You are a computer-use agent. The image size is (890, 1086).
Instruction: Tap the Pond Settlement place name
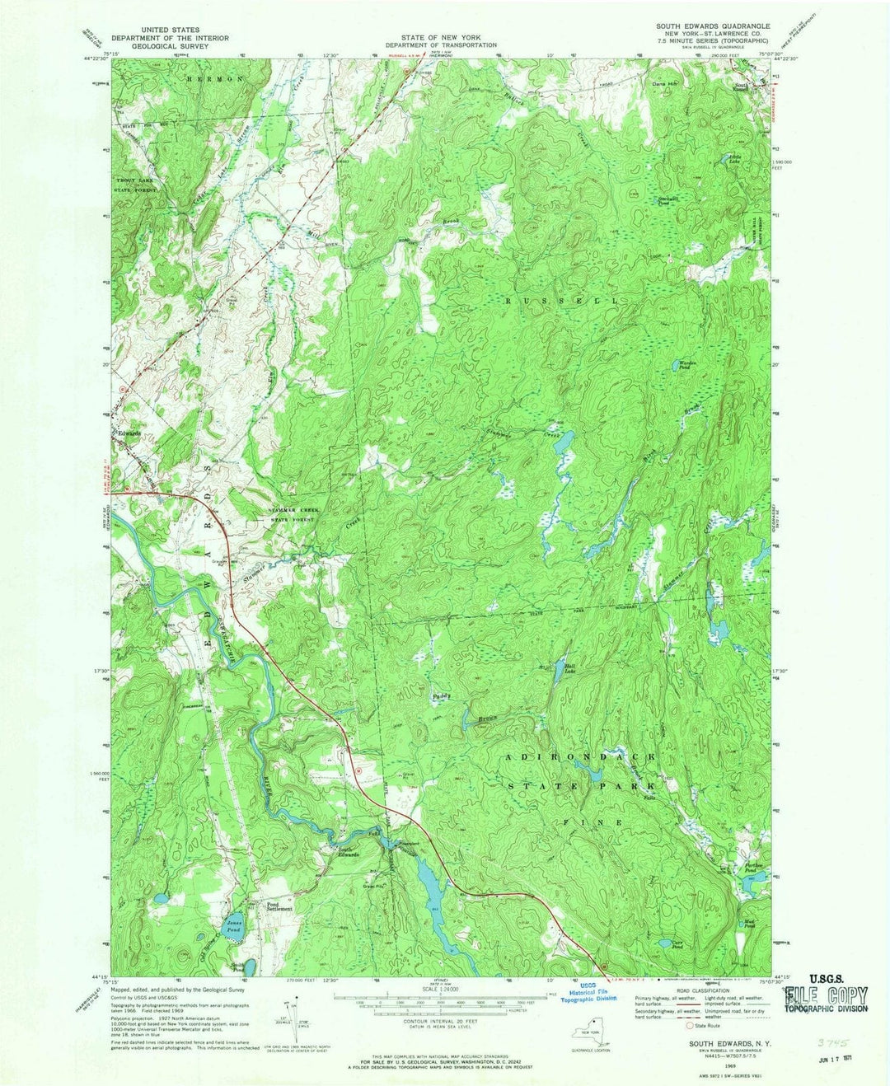tap(279, 906)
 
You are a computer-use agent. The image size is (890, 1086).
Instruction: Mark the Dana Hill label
tap(663, 84)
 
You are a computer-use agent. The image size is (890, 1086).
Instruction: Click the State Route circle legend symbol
tap(690, 1026)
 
